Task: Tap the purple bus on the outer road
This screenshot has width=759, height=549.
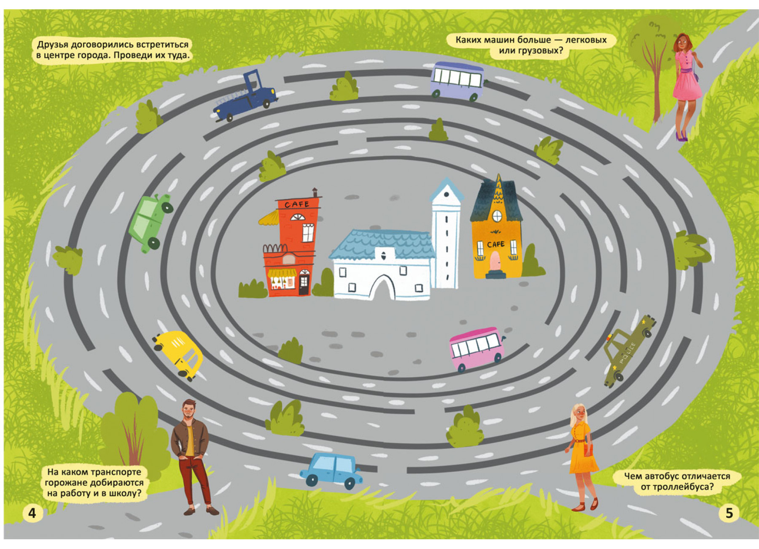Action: (458, 81)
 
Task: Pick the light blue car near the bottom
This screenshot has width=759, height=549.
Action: (331, 470)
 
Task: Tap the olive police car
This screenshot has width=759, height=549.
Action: (628, 350)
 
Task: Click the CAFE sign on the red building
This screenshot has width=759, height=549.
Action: (296, 204)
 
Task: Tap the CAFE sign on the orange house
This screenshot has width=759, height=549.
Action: (495, 244)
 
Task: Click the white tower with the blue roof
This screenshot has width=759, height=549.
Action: (446, 234)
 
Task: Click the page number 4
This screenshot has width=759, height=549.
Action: (32, 513)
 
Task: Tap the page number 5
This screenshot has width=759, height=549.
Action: (729, 513)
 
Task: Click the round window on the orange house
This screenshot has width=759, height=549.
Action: (497, 216)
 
